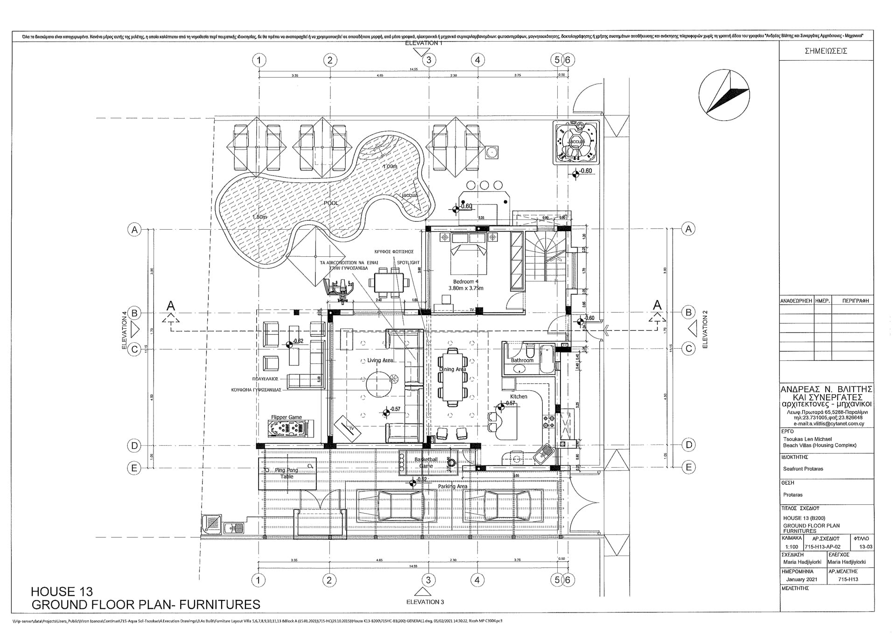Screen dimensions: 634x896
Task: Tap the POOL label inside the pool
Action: [x=331, y=203]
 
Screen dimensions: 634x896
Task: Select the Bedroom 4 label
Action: [x=466, y=282]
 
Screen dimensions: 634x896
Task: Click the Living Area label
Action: [x=380, y=360]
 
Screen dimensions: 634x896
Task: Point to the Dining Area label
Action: [x=452, y=369]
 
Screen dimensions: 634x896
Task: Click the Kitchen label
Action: [x=518, y=396]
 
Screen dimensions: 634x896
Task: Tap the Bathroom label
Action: [x=522, y=360]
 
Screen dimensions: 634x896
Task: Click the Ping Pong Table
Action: [x=287, y=472]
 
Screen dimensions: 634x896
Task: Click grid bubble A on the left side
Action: [x=134, y=230]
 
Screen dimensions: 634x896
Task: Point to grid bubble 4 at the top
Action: [x=477, y=60]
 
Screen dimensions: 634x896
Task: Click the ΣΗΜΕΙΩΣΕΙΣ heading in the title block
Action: [x=826, y=51]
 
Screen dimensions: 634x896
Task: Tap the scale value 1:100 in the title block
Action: [x=791, y=546]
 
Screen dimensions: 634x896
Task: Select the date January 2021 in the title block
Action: [x=802, y=579]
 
